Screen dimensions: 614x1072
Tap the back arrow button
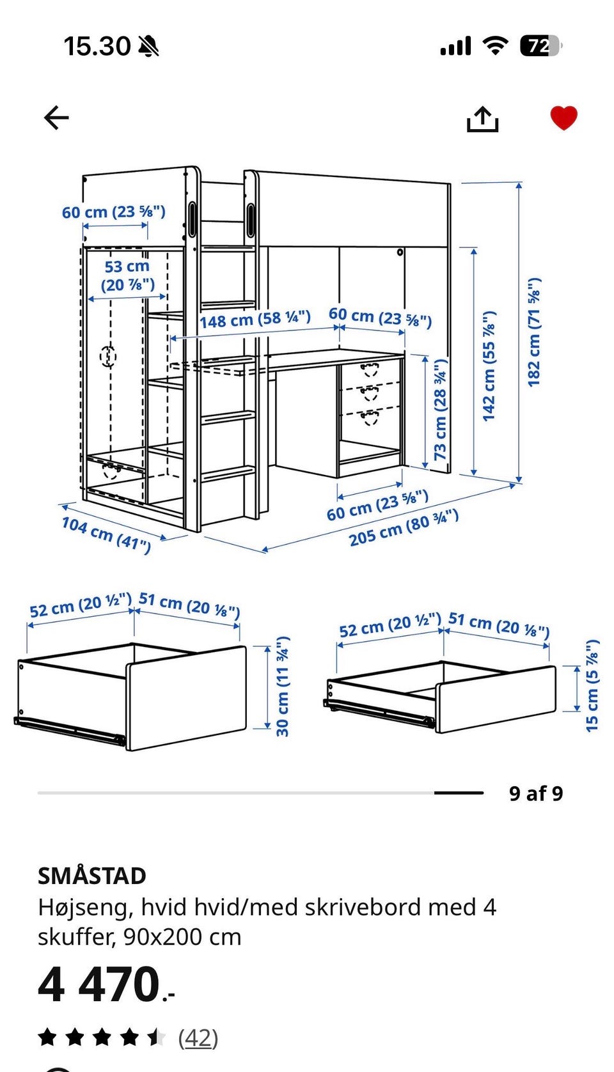pyautogui.click(x=56, y=118)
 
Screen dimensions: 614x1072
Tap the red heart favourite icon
pyautogui.click(x=563, y=118)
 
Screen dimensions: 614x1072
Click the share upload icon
pyautogui.click(x=483, y=119)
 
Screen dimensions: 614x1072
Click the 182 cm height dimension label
pyautogui.click(x=534, y=332)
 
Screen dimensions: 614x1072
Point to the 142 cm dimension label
pyautogui.click(x=489, y=366)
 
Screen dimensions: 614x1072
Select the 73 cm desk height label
pyautogui.click(x=440, y=410)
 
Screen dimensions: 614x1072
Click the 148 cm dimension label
pyautogui.click(x=255, y=319)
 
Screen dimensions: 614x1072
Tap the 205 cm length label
pyautogui.click(x=404, y=528)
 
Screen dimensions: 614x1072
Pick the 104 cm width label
pyautogui.click(x=106, y=534)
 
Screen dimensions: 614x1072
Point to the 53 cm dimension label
pyautogui.click(x=127, y=276)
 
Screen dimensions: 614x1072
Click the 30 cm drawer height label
pyautogui.click(x=283, y=687)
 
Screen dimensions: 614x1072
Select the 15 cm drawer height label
pyautogui.click(x=592, y=685)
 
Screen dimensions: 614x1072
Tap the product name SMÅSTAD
pyautogui.click(x=92, y=876)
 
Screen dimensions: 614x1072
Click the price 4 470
pyautogui.click(x=106, y=984)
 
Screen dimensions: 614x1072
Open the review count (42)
pyautogui.click(x=198, y=1038)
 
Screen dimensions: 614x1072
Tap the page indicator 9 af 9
pyautogui.click(x=536, y=793)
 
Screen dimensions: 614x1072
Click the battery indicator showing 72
pyautogui.click(x=541, y=46)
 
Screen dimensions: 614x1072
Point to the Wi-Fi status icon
pyautogui.click(x=496, y=45)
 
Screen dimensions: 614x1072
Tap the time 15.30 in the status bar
pyautogui.click(x=97, y=47)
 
